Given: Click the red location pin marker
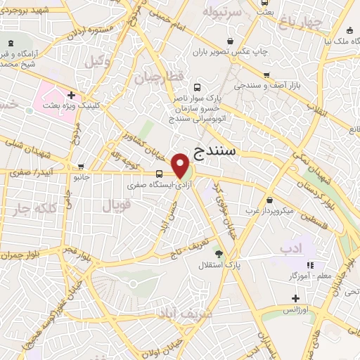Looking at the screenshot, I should coord(181,165).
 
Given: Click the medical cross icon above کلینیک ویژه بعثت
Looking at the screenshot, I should coord(71,94).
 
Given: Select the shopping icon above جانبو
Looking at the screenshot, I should coord(82,167).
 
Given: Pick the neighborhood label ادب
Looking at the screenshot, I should coord(289,247).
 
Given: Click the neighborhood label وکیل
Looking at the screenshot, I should coord(97,62).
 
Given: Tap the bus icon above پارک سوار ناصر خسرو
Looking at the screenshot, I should coord(197,89).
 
